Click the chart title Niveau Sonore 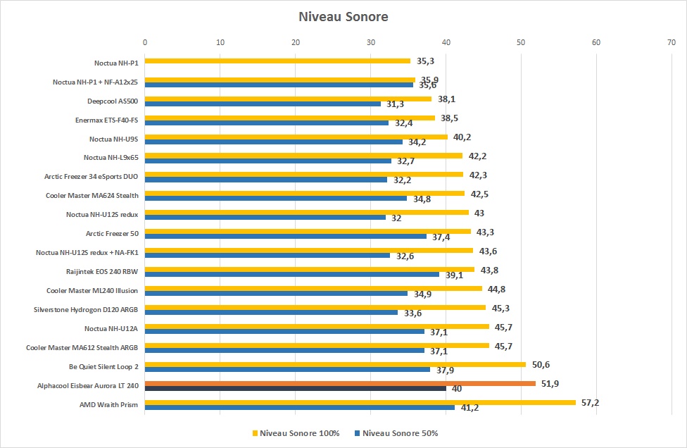coord(343,16)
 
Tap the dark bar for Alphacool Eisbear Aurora coord(296,388)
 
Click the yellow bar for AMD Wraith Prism coord(359,402)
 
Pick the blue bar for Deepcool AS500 coord(263,104)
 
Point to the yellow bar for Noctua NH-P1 coord(277,61)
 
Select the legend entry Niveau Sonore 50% coord(398,433)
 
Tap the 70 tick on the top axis coord(671,43)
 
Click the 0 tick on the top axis coord(145,43)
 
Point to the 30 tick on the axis coord(370,43)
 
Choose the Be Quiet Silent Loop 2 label coord(103,366)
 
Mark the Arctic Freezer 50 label coord(112,232)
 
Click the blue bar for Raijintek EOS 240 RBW coord(292,274)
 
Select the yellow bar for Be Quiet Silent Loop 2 coord(335,364)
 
